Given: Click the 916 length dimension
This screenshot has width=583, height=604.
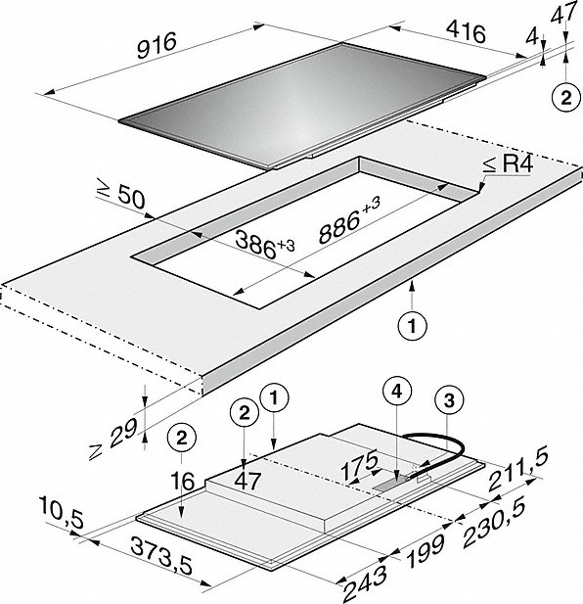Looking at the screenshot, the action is point(157,45).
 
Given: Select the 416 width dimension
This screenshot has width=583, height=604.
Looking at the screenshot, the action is point(467,32).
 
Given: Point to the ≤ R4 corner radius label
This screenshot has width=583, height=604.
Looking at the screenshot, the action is point(508,164).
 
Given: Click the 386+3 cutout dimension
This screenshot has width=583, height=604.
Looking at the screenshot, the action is point(264,245).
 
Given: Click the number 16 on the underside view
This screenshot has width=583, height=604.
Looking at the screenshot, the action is point(183,482).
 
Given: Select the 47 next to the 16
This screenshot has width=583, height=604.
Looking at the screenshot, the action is point(247,481).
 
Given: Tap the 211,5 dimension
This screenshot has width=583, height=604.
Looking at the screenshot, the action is point(518,471).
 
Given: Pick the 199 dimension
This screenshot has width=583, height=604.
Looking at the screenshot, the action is point(426,551).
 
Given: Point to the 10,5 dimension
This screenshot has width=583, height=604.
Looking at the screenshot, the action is point(62,513).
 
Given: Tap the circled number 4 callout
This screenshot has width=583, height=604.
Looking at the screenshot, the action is point(397,391).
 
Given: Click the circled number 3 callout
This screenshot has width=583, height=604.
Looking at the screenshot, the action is point(449,400).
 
